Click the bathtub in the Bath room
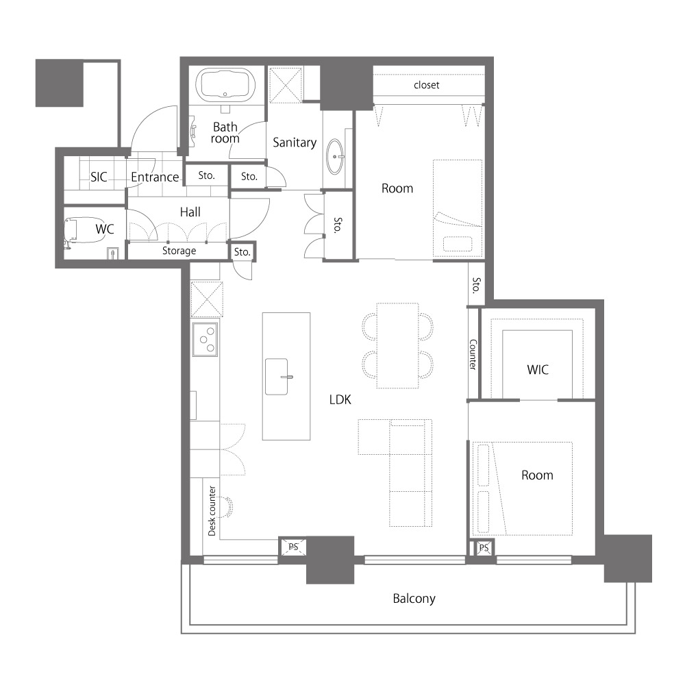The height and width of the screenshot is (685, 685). pos(225,84)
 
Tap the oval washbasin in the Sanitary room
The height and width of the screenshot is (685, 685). pos(336,156)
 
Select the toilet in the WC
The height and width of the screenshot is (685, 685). pos(71,232)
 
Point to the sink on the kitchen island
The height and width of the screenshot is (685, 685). pos(277,377)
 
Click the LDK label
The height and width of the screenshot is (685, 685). pos(340,400)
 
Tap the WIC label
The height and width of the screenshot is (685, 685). pos(537,370)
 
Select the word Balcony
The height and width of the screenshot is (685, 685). pos(414,599)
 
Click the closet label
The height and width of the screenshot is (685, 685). pos(426,85)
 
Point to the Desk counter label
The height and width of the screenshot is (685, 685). pos(212,511)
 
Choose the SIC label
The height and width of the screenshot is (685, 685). pos(99,177)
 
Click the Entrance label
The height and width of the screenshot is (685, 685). pos(155,177)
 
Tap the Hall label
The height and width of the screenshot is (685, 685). pos(190,212)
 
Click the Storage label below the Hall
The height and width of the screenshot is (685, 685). pos(179,251)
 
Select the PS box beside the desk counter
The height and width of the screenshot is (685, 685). pos(293,547)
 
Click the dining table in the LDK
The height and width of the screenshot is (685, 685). pos(397,345)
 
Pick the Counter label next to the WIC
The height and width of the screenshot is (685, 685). pos(473,354)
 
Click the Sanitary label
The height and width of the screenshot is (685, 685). pos(295,142)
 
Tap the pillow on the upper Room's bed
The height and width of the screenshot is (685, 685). pos(458,243)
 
